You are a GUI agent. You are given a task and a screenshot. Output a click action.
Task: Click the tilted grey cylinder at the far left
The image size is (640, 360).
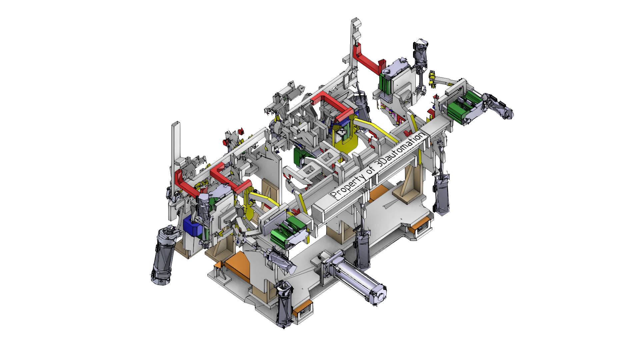tap(163, 255)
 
